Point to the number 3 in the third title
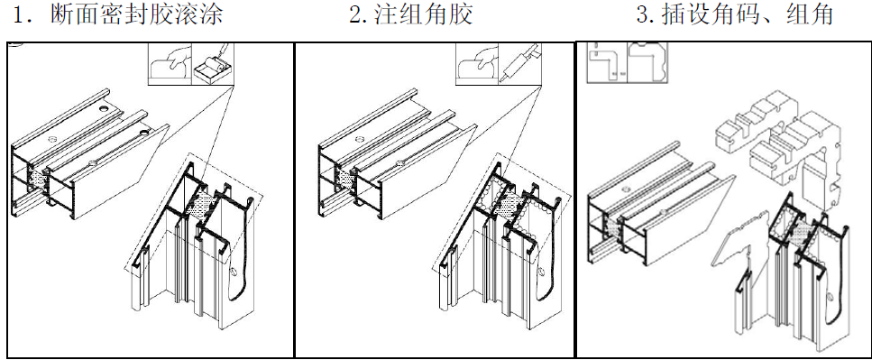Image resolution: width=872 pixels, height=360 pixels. coord(642,15)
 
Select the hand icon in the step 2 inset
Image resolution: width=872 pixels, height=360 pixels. coord(476,66)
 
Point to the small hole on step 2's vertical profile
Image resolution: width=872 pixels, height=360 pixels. coord(541,272)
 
